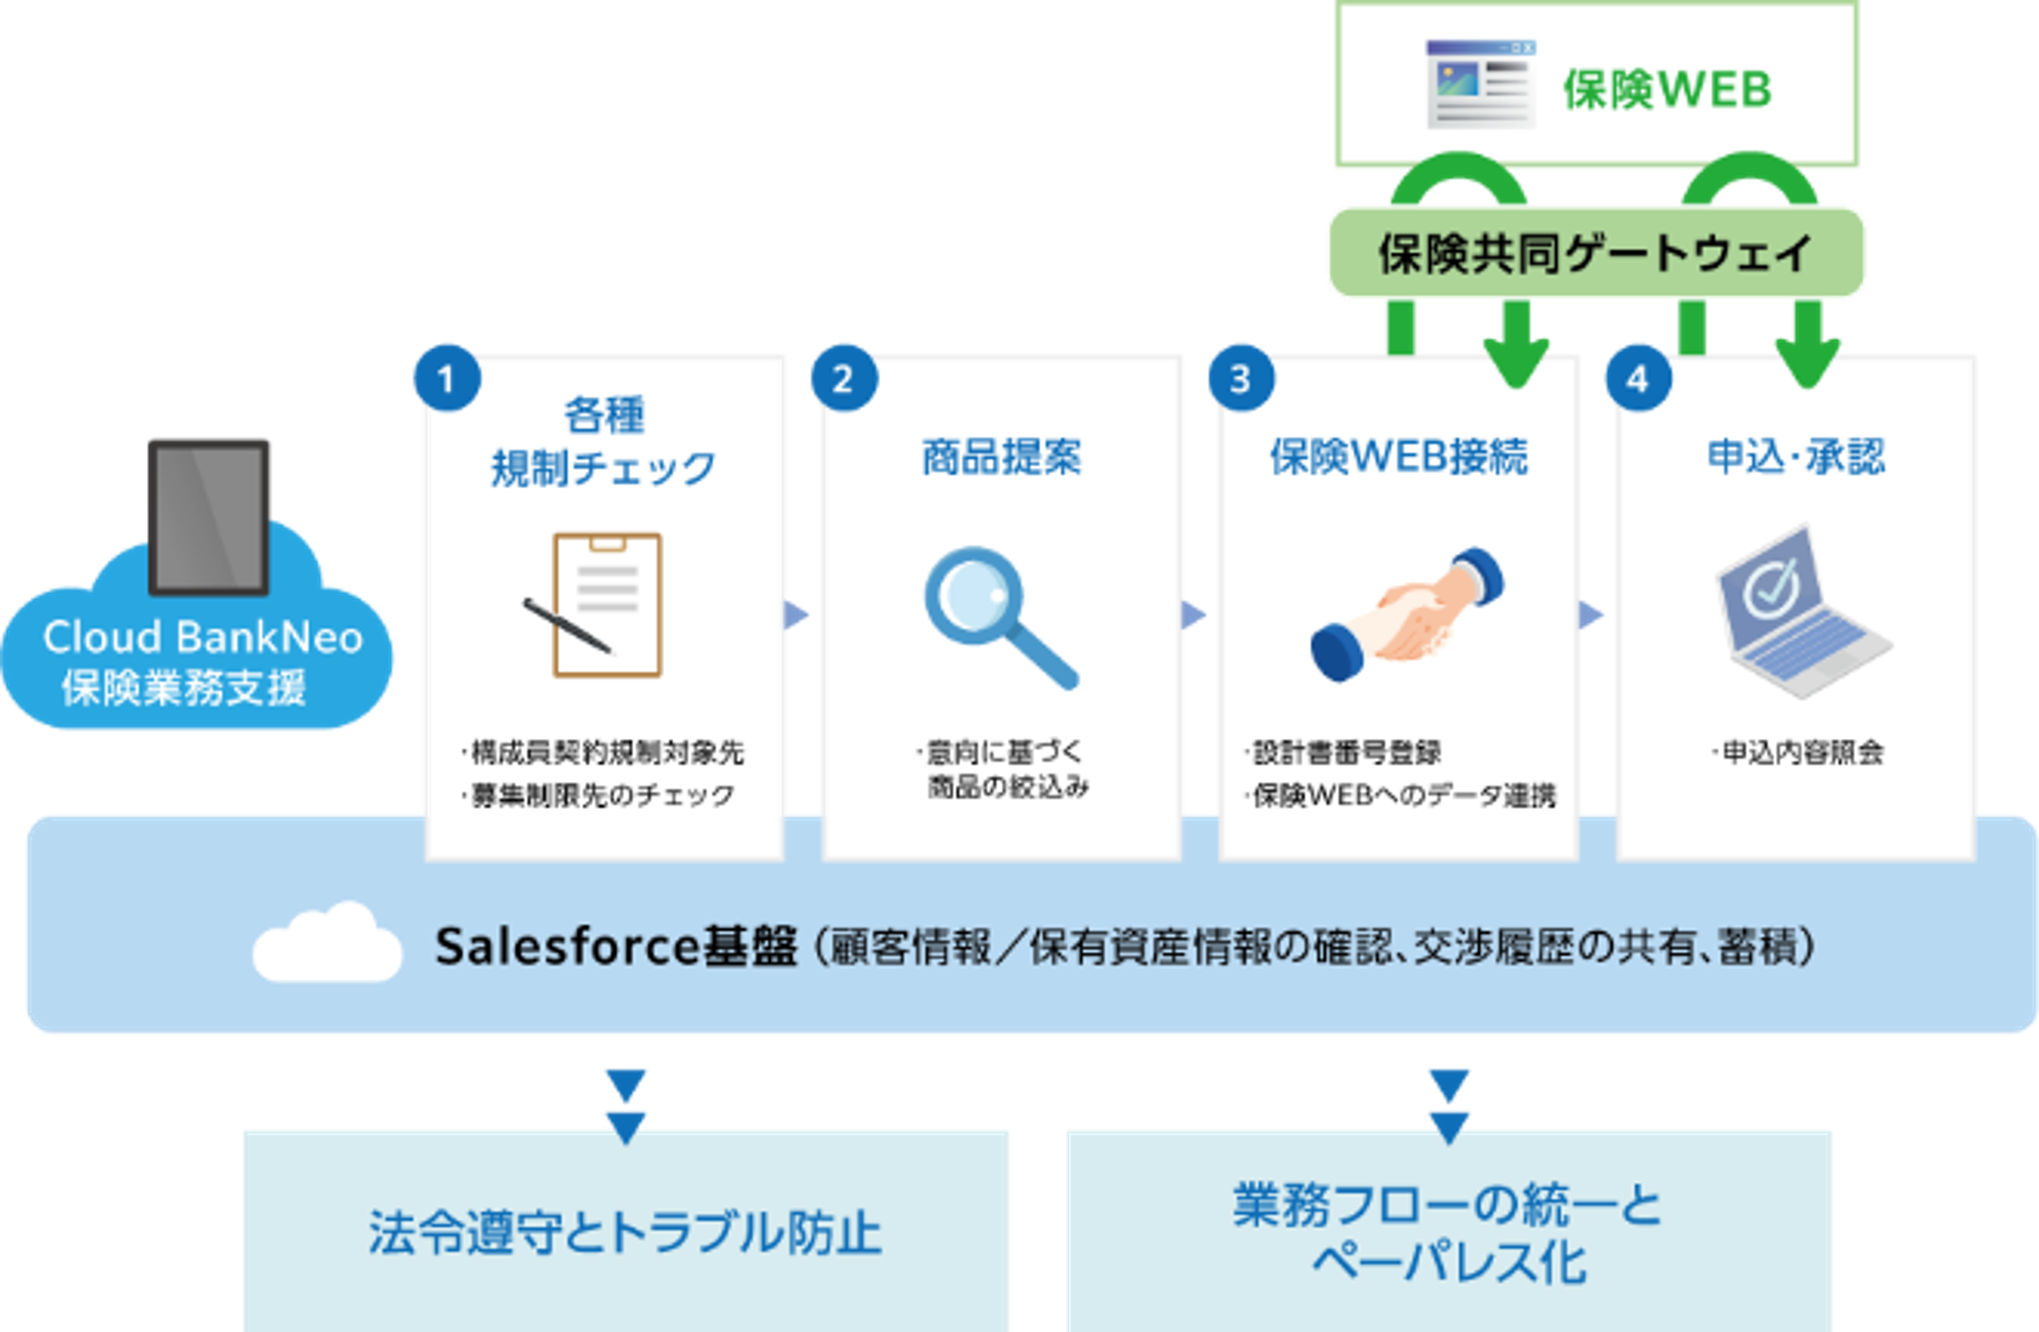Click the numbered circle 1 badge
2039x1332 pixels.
pos(446,378)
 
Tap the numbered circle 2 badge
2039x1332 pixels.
pos(844,378)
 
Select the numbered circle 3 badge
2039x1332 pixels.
pos(1241,378)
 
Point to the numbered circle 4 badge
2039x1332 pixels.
pos(1637,378)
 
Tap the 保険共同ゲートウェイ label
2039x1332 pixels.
pos(1595,253)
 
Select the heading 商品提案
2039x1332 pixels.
pos(1002,456)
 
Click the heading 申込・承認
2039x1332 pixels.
pos(1796,456)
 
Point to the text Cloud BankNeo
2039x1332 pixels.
pos(203,637)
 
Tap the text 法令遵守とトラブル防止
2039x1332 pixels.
pos(625,1233)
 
